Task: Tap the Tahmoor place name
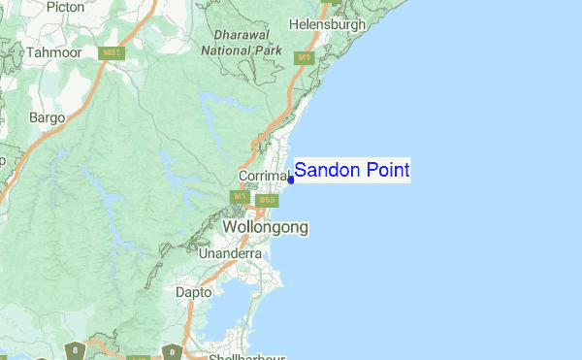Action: pos(53,50)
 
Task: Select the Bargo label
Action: pos(47,117)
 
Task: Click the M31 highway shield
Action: pos(113,53)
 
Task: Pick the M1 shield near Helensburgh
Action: pos(304,58)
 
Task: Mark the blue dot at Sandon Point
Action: pos(291,179)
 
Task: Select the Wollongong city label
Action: pos(266,227)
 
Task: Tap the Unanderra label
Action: pos(230,253)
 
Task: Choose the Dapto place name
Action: pos(193,290)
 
